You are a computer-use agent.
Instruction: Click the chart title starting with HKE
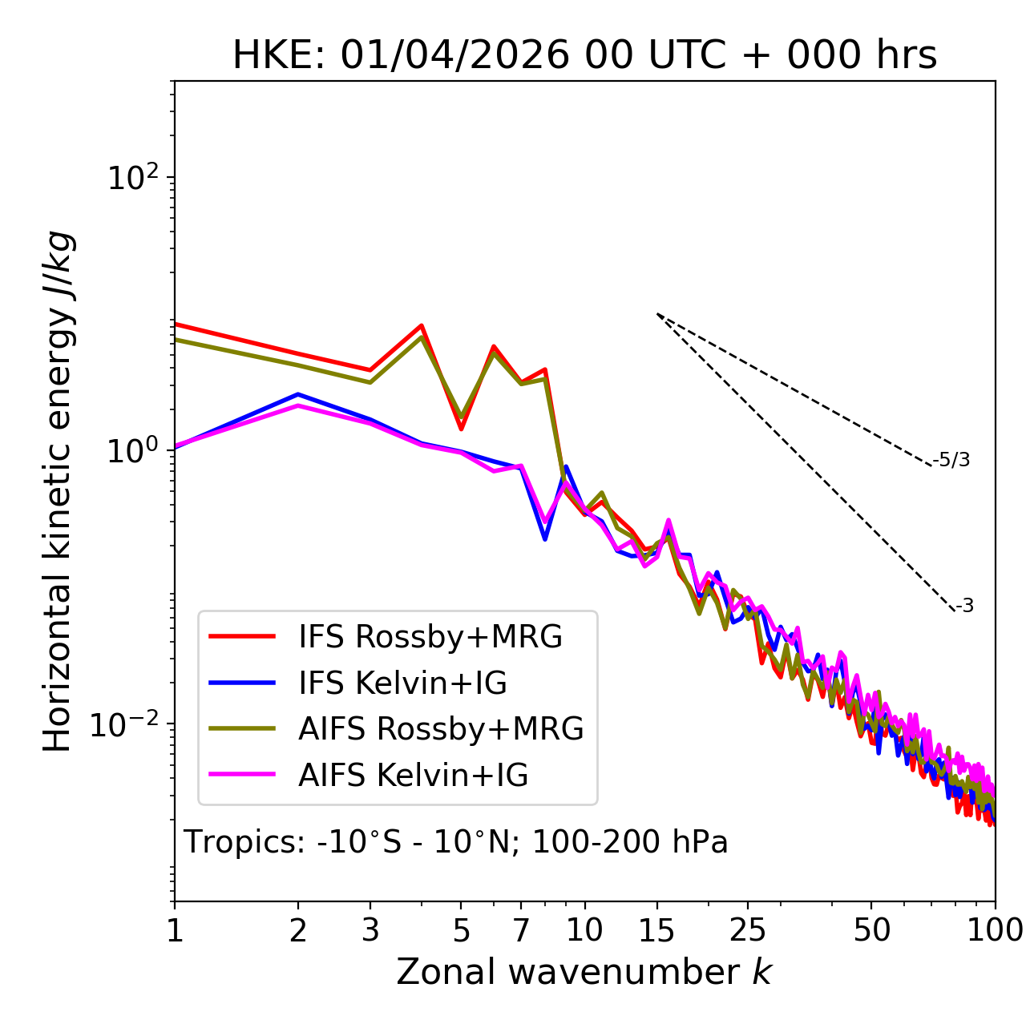[584, 55]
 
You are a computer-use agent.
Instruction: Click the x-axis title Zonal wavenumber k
[584, 972]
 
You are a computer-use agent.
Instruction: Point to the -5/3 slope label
[951, 460]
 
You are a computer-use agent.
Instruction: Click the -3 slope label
[964, 606]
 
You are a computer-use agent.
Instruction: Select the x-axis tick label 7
[521, 930]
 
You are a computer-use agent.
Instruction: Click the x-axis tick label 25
[748, 930]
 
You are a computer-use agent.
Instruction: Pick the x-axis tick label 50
[871, 930]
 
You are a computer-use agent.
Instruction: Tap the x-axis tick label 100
[995, 930]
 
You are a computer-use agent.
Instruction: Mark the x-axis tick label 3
[370, 930]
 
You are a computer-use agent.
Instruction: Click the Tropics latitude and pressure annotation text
[455, 842]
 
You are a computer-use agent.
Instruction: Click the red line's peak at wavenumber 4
[422, 325]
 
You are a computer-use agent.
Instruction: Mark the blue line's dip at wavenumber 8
[545, 539]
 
